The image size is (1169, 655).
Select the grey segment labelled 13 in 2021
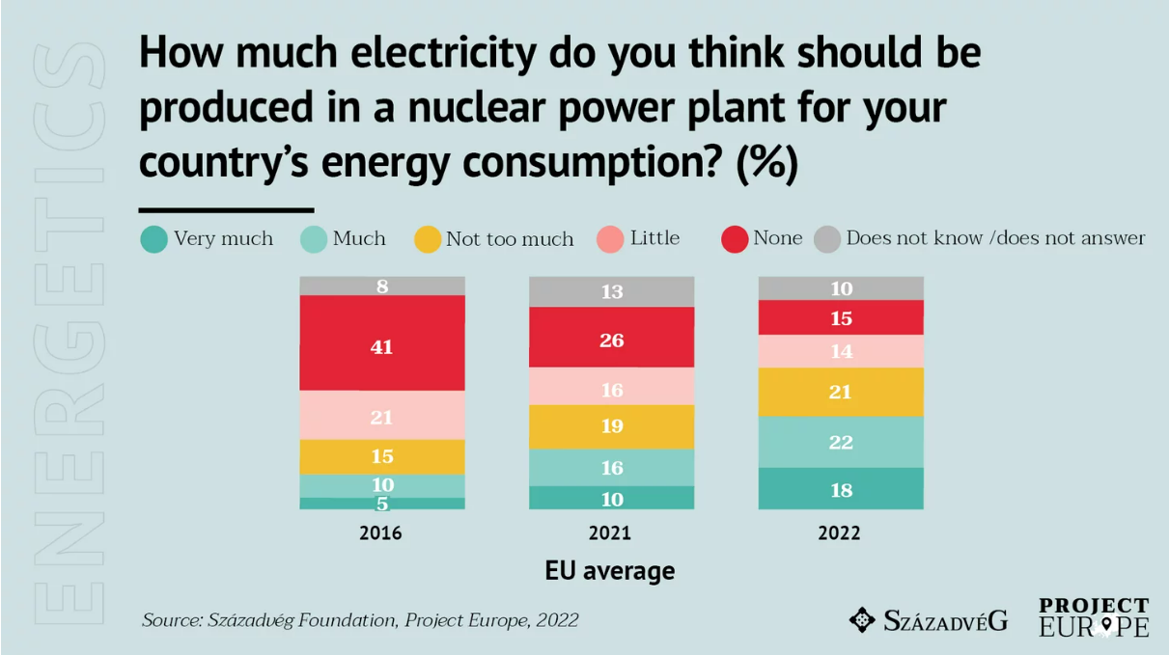[611, 291]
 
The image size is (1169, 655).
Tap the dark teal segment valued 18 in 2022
[841, 489]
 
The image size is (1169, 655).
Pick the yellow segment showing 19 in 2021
[611, 426]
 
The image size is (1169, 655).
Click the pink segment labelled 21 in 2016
[382, 416]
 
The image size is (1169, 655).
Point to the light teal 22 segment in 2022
[841, 442]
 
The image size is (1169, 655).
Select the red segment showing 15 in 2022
[841, 317]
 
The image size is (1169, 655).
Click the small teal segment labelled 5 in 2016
[382, 504]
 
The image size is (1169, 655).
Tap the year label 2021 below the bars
[610, 532]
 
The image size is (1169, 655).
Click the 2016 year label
[380, 532]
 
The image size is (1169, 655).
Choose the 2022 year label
[839, 532]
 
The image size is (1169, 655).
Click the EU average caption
[610, 570]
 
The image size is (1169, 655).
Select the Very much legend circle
[153, 239]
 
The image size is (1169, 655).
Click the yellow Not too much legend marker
[428, 239]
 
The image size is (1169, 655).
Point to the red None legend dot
[735, 239]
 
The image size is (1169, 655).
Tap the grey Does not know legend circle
[827, 239]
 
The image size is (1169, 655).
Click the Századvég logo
[928, 619]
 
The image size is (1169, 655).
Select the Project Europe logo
[1094, 617]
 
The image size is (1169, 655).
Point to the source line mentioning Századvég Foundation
[360, 619]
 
